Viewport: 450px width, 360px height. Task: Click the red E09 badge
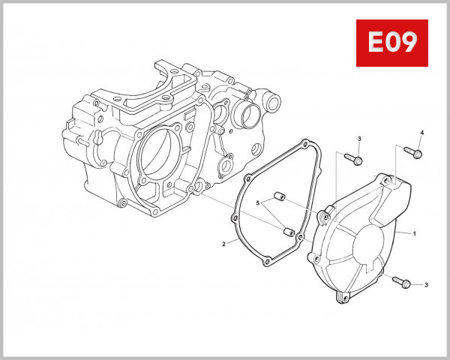[391, 43]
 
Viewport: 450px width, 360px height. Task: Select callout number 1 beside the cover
[413, 235]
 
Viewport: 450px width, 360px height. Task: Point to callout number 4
[421, 133]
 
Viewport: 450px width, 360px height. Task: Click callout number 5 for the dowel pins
[256, 203]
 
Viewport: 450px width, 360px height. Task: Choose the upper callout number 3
[359, 139]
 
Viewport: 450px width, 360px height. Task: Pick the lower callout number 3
[426, 285]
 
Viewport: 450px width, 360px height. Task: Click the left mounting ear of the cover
[323, 215]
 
